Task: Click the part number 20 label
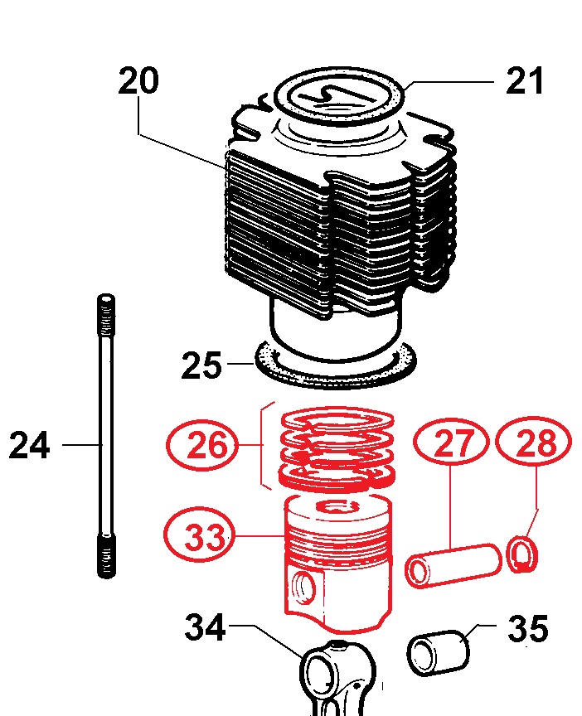pos(139,82)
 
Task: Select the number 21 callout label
pos(525,82)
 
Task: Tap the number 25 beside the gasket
pos(202,365)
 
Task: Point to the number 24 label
pos(30,447)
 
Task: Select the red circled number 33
pos(203,537)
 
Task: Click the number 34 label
pos(205,628)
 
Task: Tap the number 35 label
pos(527,629)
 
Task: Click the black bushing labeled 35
pos(438,651)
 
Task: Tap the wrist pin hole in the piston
pos(304,588)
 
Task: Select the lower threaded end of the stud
pos(105,555)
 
